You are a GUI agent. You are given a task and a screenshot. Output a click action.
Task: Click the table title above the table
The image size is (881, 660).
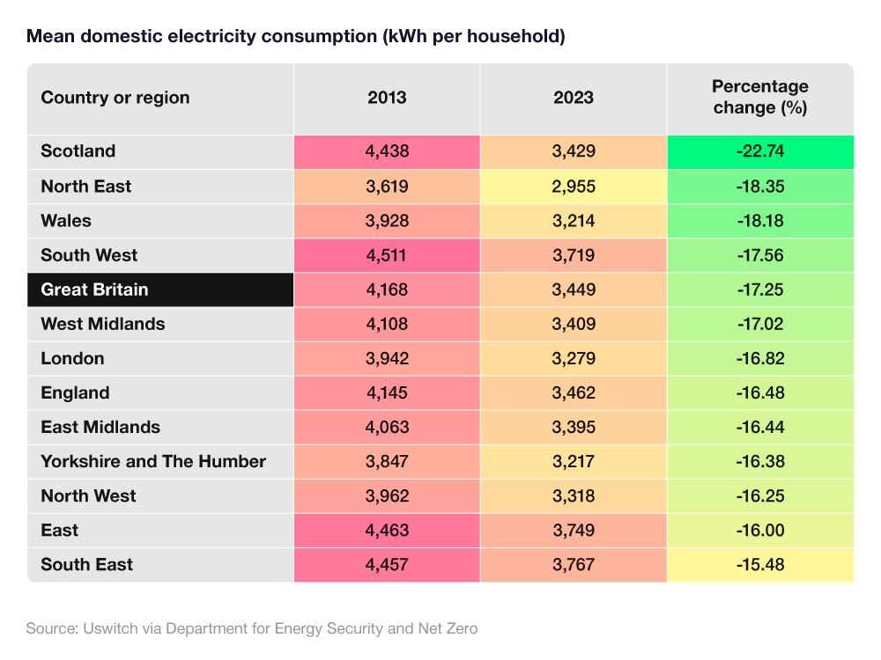click(295, 36)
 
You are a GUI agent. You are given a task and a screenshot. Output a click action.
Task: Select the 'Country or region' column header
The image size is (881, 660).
click(115, 98)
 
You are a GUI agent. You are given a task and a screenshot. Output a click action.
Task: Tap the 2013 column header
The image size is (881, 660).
click(387, 98)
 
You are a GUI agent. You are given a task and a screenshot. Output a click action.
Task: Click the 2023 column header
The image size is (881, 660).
click(574, 98)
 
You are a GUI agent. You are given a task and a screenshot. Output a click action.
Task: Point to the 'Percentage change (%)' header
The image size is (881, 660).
click(759, 98)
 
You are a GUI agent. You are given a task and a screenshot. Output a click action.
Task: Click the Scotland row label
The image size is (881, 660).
click(78, 151)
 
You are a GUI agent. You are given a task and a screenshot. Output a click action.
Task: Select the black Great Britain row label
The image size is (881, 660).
click(94, 290)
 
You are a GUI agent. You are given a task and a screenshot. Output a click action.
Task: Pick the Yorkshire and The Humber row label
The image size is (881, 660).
click(153, 461)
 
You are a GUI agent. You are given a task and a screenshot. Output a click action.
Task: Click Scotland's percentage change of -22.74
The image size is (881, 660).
click(759, 151)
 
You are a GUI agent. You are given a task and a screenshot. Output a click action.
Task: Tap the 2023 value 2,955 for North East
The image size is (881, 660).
click(574, 187)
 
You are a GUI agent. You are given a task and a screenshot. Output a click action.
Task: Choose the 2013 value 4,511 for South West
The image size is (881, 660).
click(387, 255)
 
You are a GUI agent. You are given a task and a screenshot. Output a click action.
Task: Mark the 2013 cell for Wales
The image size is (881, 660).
click(387, 221)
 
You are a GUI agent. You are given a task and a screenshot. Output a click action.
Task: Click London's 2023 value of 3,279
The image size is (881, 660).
click(574, 358)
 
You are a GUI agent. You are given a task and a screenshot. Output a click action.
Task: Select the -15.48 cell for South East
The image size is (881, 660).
click(759, 564)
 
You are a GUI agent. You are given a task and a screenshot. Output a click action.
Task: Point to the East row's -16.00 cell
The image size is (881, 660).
click(759, 530)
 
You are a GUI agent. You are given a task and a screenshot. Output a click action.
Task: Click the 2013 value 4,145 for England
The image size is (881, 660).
click(387, 392)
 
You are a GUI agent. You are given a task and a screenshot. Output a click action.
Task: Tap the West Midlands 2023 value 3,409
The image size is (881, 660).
click(574, 324)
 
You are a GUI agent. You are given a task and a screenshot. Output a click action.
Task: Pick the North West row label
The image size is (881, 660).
click(88, 495)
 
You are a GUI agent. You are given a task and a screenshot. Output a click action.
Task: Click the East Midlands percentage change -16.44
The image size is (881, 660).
click(759, 427)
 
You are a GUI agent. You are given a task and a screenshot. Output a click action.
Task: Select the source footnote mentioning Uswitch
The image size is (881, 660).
click(252, 628)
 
